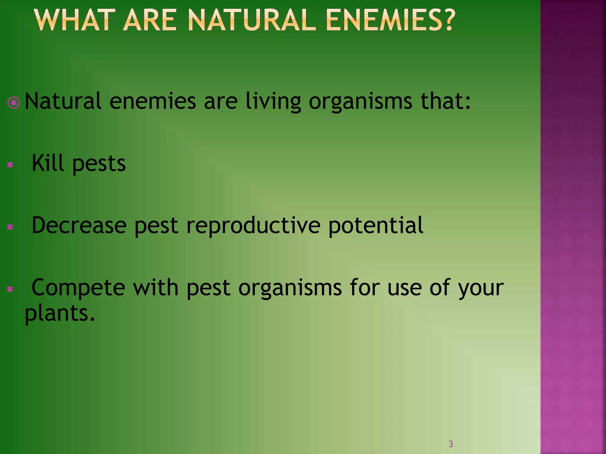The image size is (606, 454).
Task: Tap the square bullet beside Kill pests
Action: [x=10, y=165]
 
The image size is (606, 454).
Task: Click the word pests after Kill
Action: [x=99, y=164]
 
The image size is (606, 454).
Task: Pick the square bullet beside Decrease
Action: [x=10, y=227]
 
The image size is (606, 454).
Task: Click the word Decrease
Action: [x=79, y=225]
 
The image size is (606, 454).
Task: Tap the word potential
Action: [x=376, y=226]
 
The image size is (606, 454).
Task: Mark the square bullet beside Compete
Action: [x=10, y=289]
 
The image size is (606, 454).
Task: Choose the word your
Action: [x=481, y=289]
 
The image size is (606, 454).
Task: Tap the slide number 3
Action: [x=451, y=444]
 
